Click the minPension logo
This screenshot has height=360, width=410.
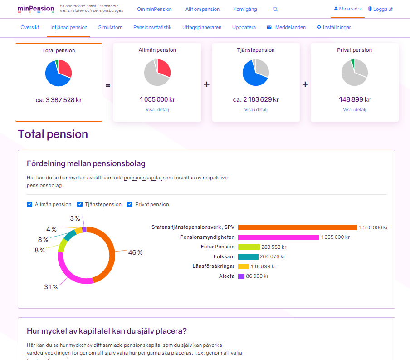35,9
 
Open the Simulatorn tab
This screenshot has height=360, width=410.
110,27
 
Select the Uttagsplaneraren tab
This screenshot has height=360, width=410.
202,27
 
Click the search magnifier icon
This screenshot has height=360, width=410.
275,9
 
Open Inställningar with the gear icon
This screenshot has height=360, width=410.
334,27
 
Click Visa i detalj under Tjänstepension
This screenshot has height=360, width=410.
256,110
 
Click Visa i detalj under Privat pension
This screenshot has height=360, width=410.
354,110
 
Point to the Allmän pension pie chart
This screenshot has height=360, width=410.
157,73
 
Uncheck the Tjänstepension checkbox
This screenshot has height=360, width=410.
80,204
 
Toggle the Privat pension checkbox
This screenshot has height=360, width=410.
130,204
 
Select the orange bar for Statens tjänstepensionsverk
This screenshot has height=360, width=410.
298,227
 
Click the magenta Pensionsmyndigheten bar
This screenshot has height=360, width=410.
278,237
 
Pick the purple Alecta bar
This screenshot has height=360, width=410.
241,276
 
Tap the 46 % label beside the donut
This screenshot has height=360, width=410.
135,252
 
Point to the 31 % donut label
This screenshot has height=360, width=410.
51,287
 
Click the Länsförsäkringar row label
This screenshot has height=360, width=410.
213,266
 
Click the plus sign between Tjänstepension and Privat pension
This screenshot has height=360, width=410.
305,84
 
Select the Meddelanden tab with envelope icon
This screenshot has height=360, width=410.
286,27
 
